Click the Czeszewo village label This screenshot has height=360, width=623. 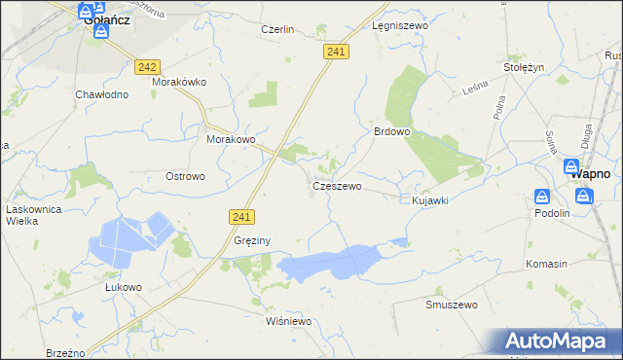tap(337, 185)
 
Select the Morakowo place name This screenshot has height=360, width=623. tap(231, 139)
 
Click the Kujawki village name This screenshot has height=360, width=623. tap(429, 200)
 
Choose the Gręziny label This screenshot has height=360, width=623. tap(252, 240)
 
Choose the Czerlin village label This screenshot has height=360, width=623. tap(277, 29)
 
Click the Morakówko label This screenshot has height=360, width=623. tap(179, 82)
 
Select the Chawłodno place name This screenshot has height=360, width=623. tap(102, 94)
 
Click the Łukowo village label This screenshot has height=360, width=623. tap(124, 287)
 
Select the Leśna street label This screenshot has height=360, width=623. tap(474, 89)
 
